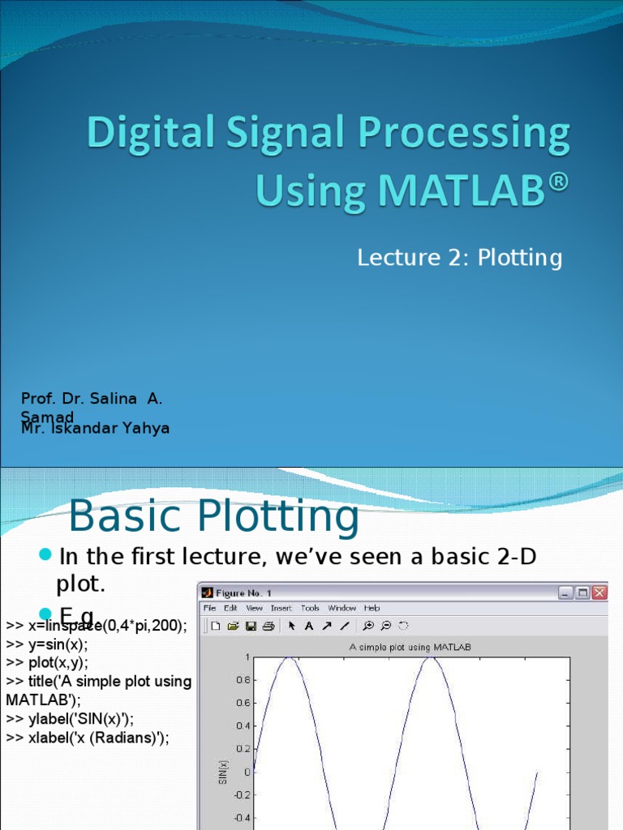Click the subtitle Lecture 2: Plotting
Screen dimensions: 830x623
(459, 258)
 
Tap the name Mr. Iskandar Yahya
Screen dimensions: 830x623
(95, 429)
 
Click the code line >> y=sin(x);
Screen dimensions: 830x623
(46, 644)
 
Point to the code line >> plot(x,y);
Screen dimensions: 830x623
(46, 662)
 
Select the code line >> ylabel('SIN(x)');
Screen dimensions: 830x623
(70, 718)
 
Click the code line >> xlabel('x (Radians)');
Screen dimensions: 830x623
(87, 737)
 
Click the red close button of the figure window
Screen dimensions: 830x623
(599, 593)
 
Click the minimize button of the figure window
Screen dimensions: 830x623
(565, 593)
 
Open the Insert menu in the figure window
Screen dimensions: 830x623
(281, 608)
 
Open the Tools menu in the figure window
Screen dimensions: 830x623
(310, 608)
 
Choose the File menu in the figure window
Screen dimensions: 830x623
(209, 608)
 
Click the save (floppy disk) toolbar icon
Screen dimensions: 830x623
(251, 626)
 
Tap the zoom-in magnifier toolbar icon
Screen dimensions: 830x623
(367, 626)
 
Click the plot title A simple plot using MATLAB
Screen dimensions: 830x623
(410, 647)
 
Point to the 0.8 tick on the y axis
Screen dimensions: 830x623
(242, 681)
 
